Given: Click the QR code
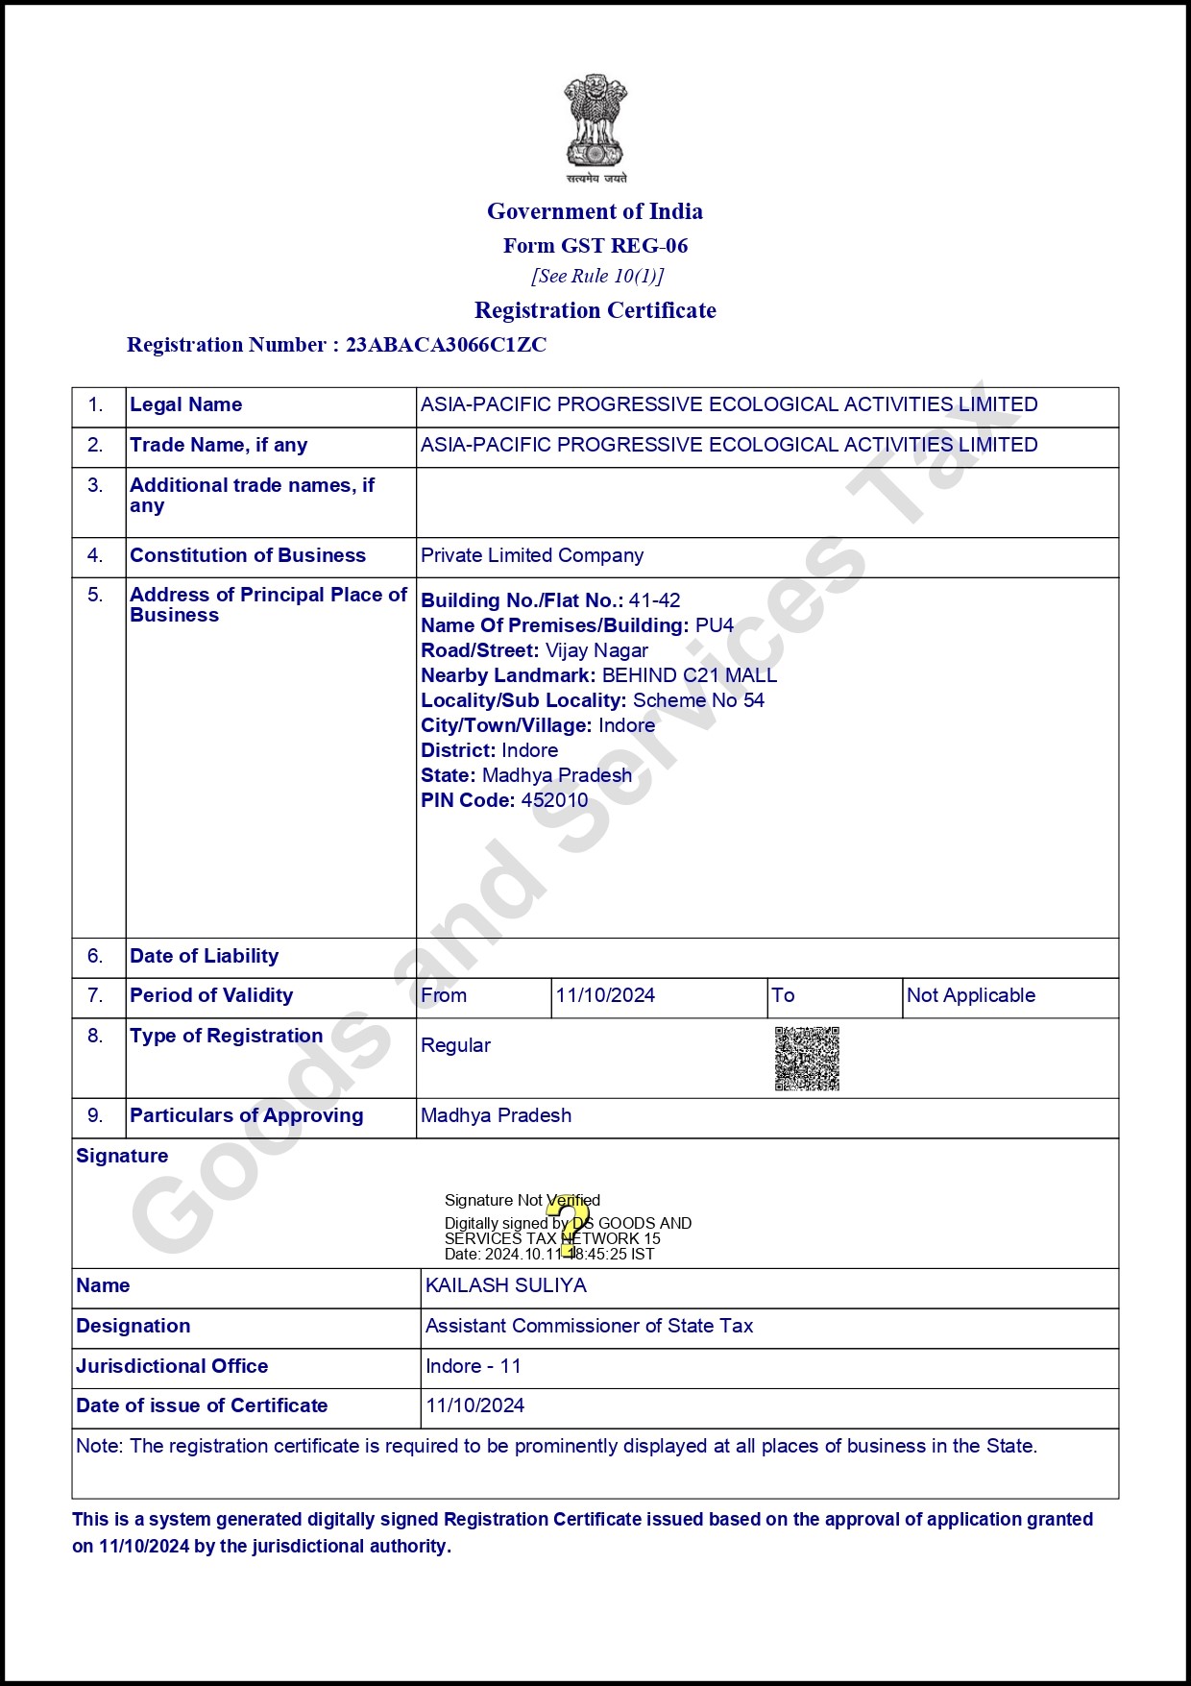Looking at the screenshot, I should point(807,1059).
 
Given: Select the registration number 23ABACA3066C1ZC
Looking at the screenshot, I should point(446,345).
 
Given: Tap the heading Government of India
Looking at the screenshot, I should point(595,211).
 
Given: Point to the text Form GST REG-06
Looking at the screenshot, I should point(595,246).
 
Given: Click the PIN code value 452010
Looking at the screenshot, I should point(554,800).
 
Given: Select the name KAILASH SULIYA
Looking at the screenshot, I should point(505,1285).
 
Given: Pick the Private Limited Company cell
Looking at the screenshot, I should point(532,555).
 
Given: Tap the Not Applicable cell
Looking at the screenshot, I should point(971,995).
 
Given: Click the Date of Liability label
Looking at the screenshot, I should point(204,956).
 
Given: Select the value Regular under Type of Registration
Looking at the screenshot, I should point(455,1045).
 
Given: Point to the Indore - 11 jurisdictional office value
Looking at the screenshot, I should point(473,1366).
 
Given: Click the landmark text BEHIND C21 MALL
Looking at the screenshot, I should point(689,675).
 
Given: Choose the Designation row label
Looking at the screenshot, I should point(133,1326).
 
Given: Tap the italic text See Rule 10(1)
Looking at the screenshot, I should point(597,277).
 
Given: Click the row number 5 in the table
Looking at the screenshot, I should point(95,595).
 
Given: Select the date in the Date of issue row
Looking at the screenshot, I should point(474,1405).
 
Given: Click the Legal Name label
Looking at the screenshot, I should point(185,404).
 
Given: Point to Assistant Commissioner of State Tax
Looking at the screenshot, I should point(589,1326).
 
